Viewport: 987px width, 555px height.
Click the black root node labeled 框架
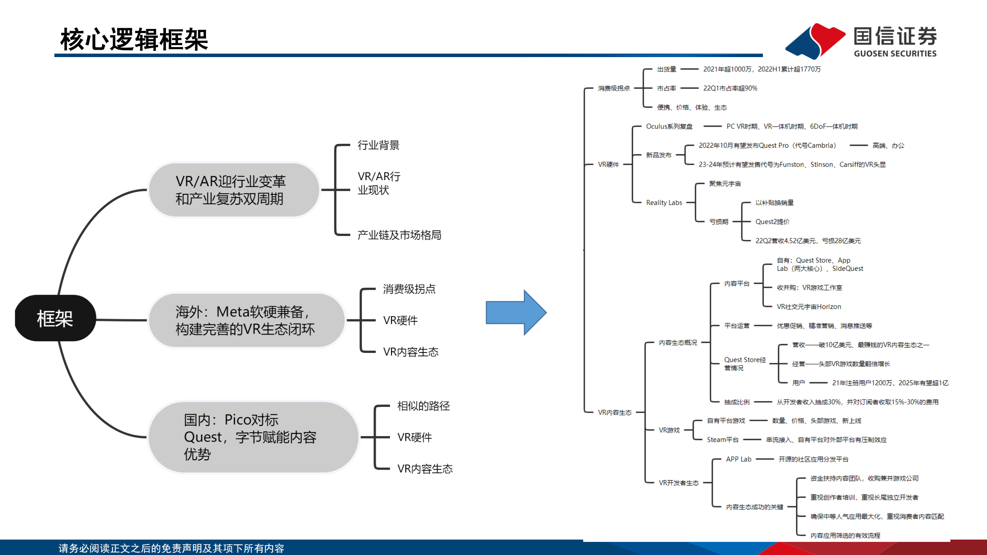point(55,318)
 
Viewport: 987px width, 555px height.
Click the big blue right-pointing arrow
point(515,312)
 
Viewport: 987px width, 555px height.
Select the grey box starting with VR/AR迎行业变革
point(233,190)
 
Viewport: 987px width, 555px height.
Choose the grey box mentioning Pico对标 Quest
point(253,437)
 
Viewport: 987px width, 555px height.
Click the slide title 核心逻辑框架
point(134,39)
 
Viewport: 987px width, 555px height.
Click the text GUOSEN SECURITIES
point(895,54)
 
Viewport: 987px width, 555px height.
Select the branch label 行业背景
point(378,145)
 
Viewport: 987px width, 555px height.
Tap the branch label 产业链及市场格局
point(399,235)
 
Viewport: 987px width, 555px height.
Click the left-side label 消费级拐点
point(409,289)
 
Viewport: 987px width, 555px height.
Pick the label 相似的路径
point(423,406)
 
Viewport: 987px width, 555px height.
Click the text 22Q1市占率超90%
point(730,88)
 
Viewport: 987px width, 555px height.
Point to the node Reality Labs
point(664,202)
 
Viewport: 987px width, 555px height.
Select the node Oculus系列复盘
point(669,127)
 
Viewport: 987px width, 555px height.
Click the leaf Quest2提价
point(772,222)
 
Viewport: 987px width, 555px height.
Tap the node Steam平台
point(722,440)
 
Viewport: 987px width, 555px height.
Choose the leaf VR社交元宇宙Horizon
point(808,307)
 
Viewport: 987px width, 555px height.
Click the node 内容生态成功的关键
point(754,507)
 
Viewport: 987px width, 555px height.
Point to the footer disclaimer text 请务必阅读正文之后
point(171,548)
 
